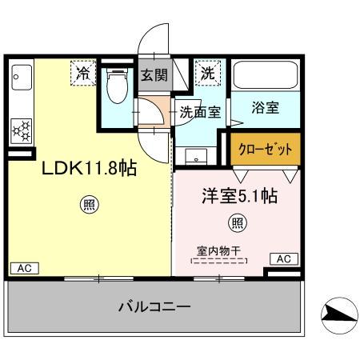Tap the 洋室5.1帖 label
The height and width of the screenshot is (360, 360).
pos(238,195)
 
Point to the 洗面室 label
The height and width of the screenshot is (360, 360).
pos(199,113)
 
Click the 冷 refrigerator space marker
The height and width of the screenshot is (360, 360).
pos(82,73)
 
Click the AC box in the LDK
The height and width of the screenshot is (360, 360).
pos(23,267)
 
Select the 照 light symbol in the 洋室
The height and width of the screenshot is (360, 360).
pos(237,222)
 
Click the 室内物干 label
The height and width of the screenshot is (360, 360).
pos(218,250)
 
